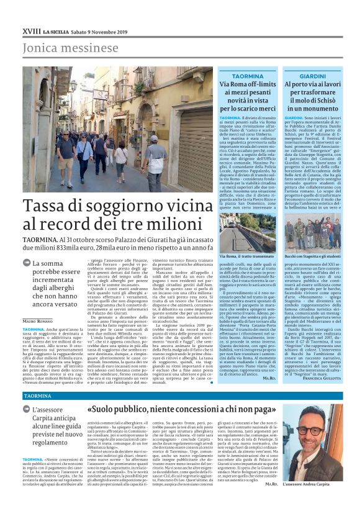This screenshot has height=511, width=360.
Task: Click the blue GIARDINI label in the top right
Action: tap(313, 76)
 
